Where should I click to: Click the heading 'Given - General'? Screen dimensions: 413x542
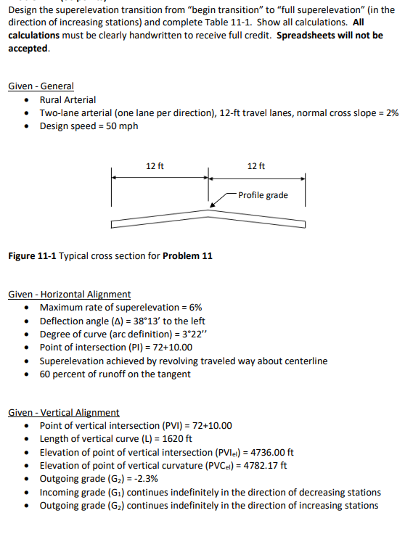pyautogui.click(x=41, y=86)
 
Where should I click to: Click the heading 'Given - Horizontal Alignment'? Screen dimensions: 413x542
pyautogui.click(x=69, y=294)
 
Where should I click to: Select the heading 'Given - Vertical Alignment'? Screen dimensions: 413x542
pyautogui.click(x=63, y=412)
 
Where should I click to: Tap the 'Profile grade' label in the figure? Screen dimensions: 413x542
pyautogui.click(x=263, y=195)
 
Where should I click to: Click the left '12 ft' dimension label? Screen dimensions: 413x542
pyautogui.click(x=155, y=166)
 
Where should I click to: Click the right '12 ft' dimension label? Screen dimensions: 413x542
pyautogui.click(x=256, y=166)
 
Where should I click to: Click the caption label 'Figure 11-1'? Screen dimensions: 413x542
pyautogui.click(x=31, y=255)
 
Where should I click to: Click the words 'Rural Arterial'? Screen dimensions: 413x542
pyautogui.click(x=68, y=99)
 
